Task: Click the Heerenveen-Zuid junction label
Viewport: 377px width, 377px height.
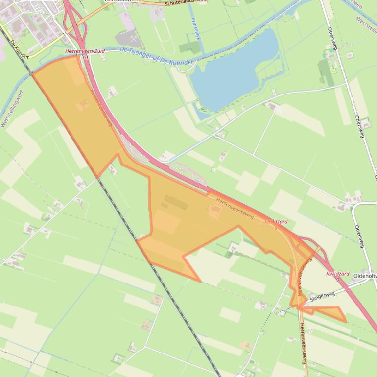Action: pos(84,51)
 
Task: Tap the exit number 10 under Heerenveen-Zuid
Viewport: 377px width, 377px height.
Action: pos(85,57)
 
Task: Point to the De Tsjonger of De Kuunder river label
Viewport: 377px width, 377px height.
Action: pos(157,57)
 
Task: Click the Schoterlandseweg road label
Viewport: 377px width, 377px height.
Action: pos(186,3)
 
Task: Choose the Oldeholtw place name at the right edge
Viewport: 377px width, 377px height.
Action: pos(365,276)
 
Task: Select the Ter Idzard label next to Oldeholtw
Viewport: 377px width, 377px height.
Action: pos(337,274)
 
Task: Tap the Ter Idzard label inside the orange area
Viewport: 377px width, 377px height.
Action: pos(276,222)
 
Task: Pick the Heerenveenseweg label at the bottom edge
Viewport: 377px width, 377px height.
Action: pos(303,343)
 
